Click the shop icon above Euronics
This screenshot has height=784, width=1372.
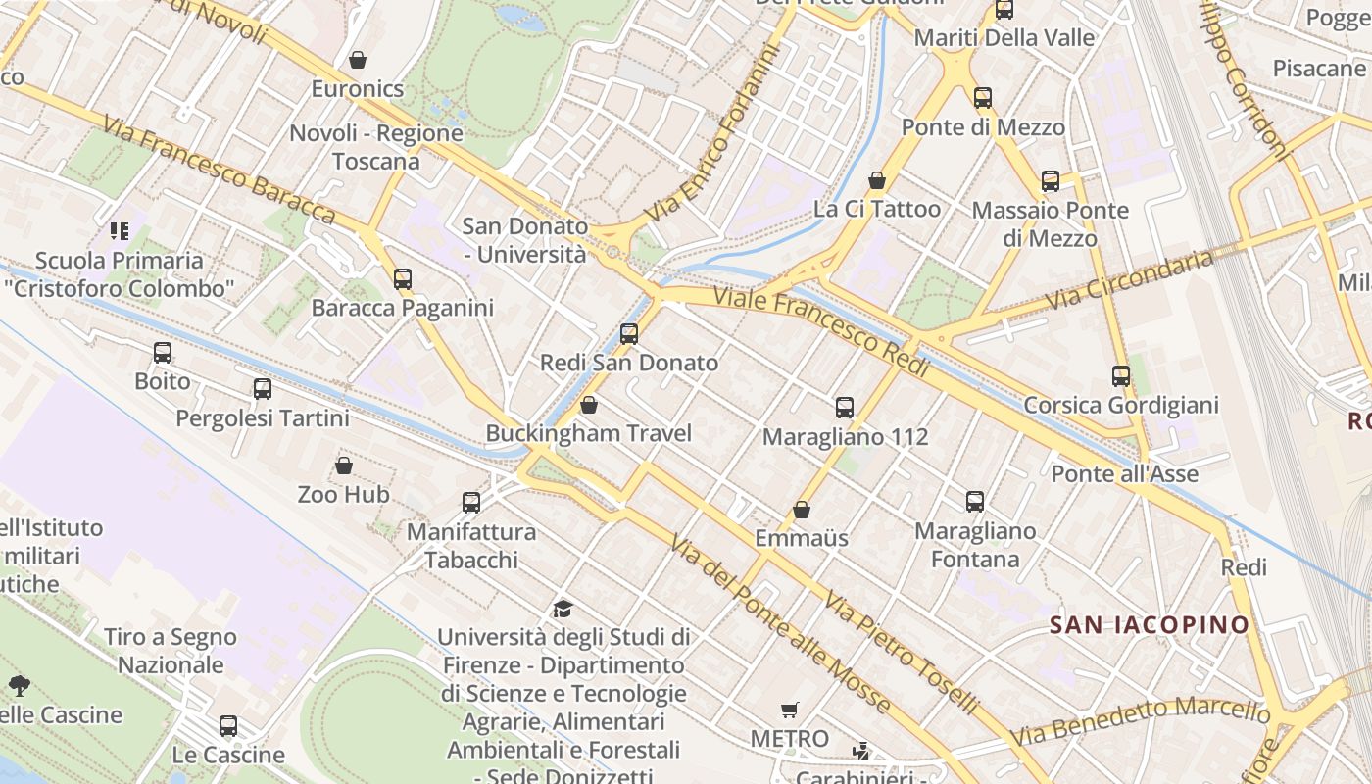click(358, 60)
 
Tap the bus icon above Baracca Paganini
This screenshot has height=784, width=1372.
click(402, 279)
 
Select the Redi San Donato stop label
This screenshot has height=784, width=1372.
click(629, 363)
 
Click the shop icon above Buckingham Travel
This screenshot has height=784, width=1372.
click(589, 405)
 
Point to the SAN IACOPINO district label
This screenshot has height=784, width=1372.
click(1150, 624)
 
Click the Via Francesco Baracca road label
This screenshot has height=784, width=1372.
click(219, 171)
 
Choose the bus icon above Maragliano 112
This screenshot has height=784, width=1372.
click(845, 408)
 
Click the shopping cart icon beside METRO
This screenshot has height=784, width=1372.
click(790, 710)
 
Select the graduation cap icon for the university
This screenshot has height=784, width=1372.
click(563, 609)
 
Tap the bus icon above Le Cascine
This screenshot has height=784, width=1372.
click(228, 726)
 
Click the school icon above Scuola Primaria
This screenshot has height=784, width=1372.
click(120, 231)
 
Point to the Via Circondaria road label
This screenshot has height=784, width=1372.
click(1130, 280)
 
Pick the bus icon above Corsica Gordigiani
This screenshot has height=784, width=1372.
click(1121, 376)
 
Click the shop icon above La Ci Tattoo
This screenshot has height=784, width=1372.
click(877, 180)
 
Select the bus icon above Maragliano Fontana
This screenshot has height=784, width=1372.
click(975, 502)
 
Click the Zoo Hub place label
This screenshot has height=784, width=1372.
click(344, 495)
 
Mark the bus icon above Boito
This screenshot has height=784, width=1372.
click(163, 353)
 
